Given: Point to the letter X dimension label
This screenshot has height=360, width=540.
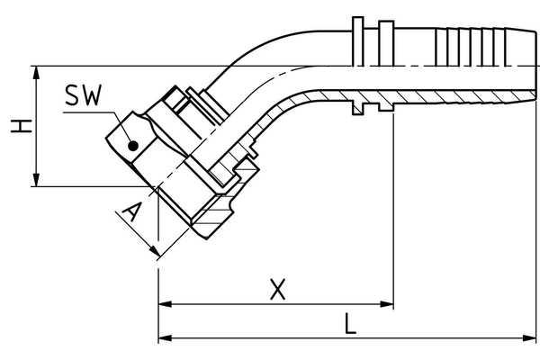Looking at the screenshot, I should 278,289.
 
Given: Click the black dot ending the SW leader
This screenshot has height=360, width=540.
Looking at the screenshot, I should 131,144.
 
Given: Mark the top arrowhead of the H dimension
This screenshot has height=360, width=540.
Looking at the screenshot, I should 37,71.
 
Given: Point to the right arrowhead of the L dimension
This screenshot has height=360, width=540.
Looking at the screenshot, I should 532,338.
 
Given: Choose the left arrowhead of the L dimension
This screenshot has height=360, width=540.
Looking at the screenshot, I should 165,338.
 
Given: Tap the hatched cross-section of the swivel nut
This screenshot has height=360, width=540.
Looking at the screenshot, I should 220,209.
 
